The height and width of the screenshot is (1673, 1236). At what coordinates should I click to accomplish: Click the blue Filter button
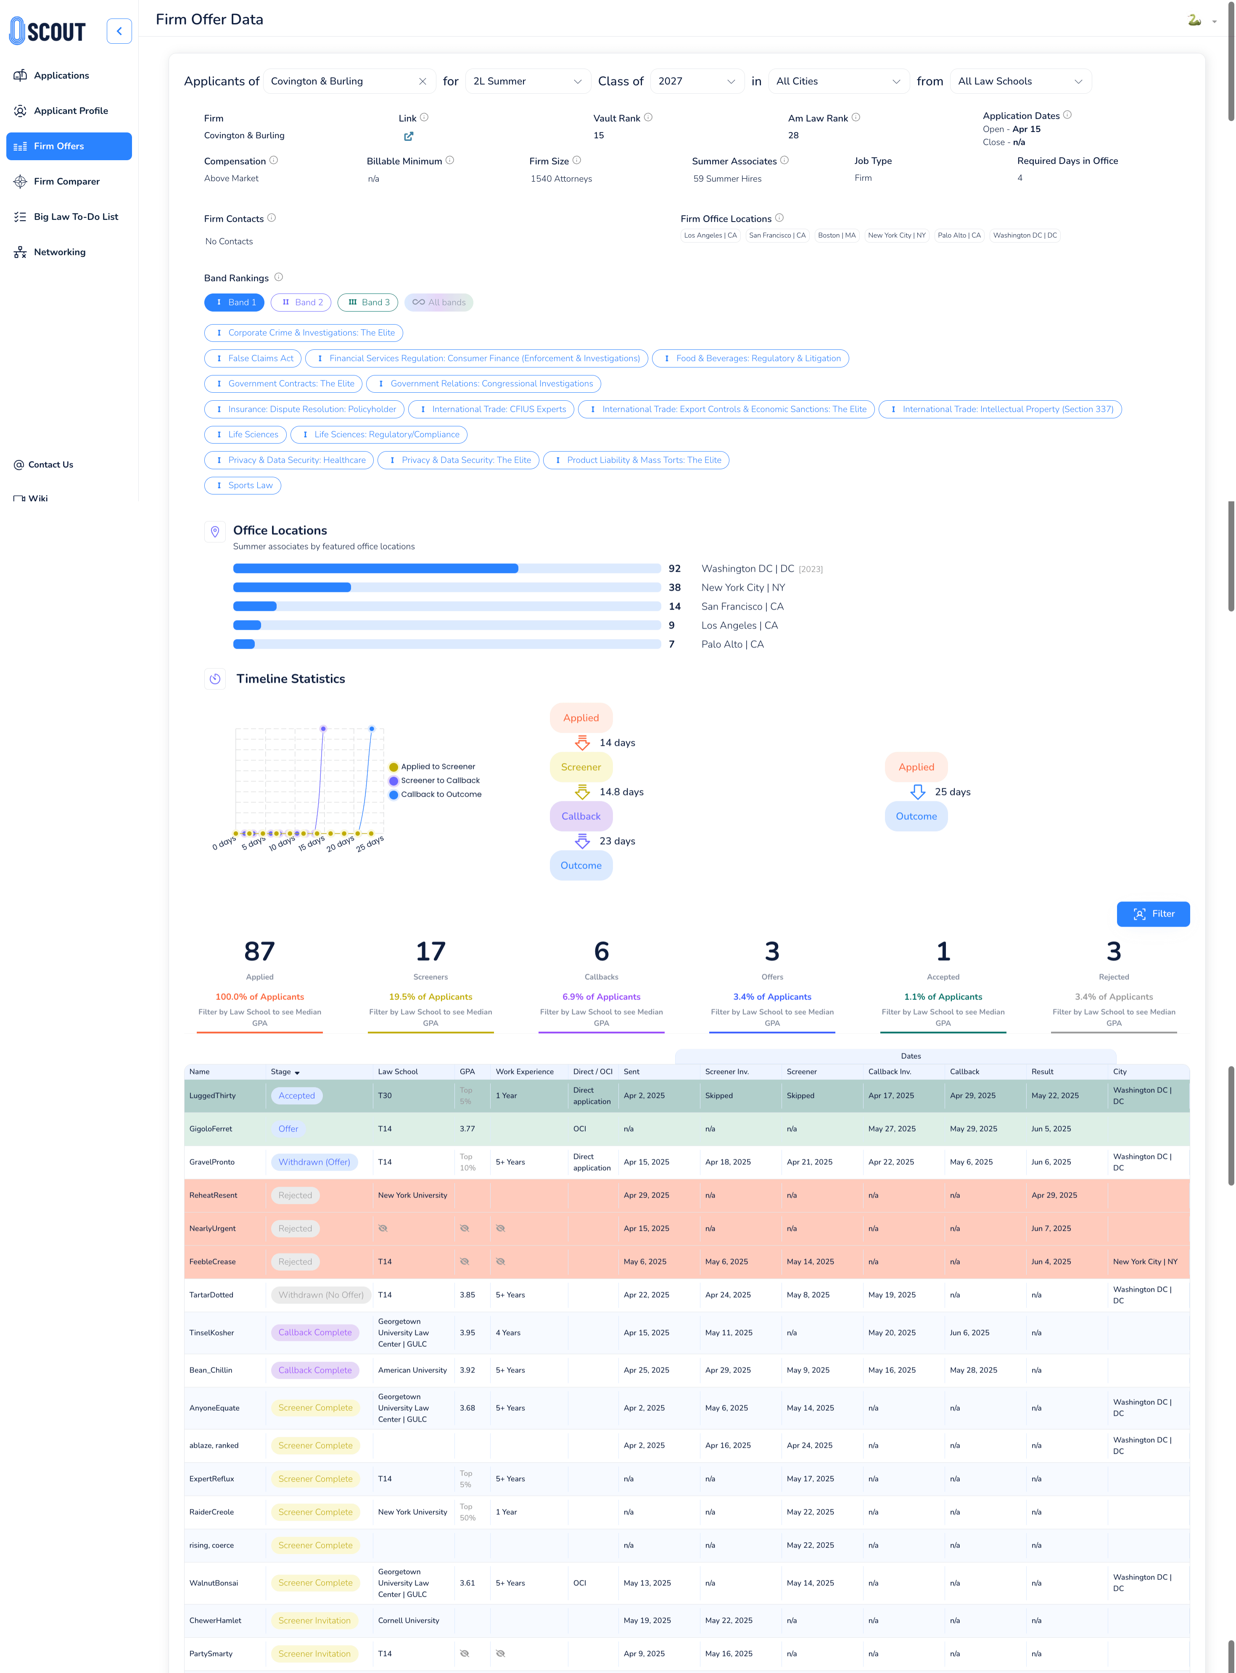(x=1152, y=914)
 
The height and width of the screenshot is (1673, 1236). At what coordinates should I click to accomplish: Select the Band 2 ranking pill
(x=301, y=302)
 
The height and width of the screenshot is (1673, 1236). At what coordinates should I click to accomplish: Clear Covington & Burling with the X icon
(x=423, y=82)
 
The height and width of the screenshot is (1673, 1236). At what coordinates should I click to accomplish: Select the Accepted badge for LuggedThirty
(x=296, y=1095)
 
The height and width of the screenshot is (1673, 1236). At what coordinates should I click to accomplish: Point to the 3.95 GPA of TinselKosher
(x=467, y=1332)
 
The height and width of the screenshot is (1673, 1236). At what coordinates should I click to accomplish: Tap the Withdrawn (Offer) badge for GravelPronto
(x=314, y=1162)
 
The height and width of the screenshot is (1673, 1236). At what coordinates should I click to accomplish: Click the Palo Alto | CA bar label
(x=732, y=644)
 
